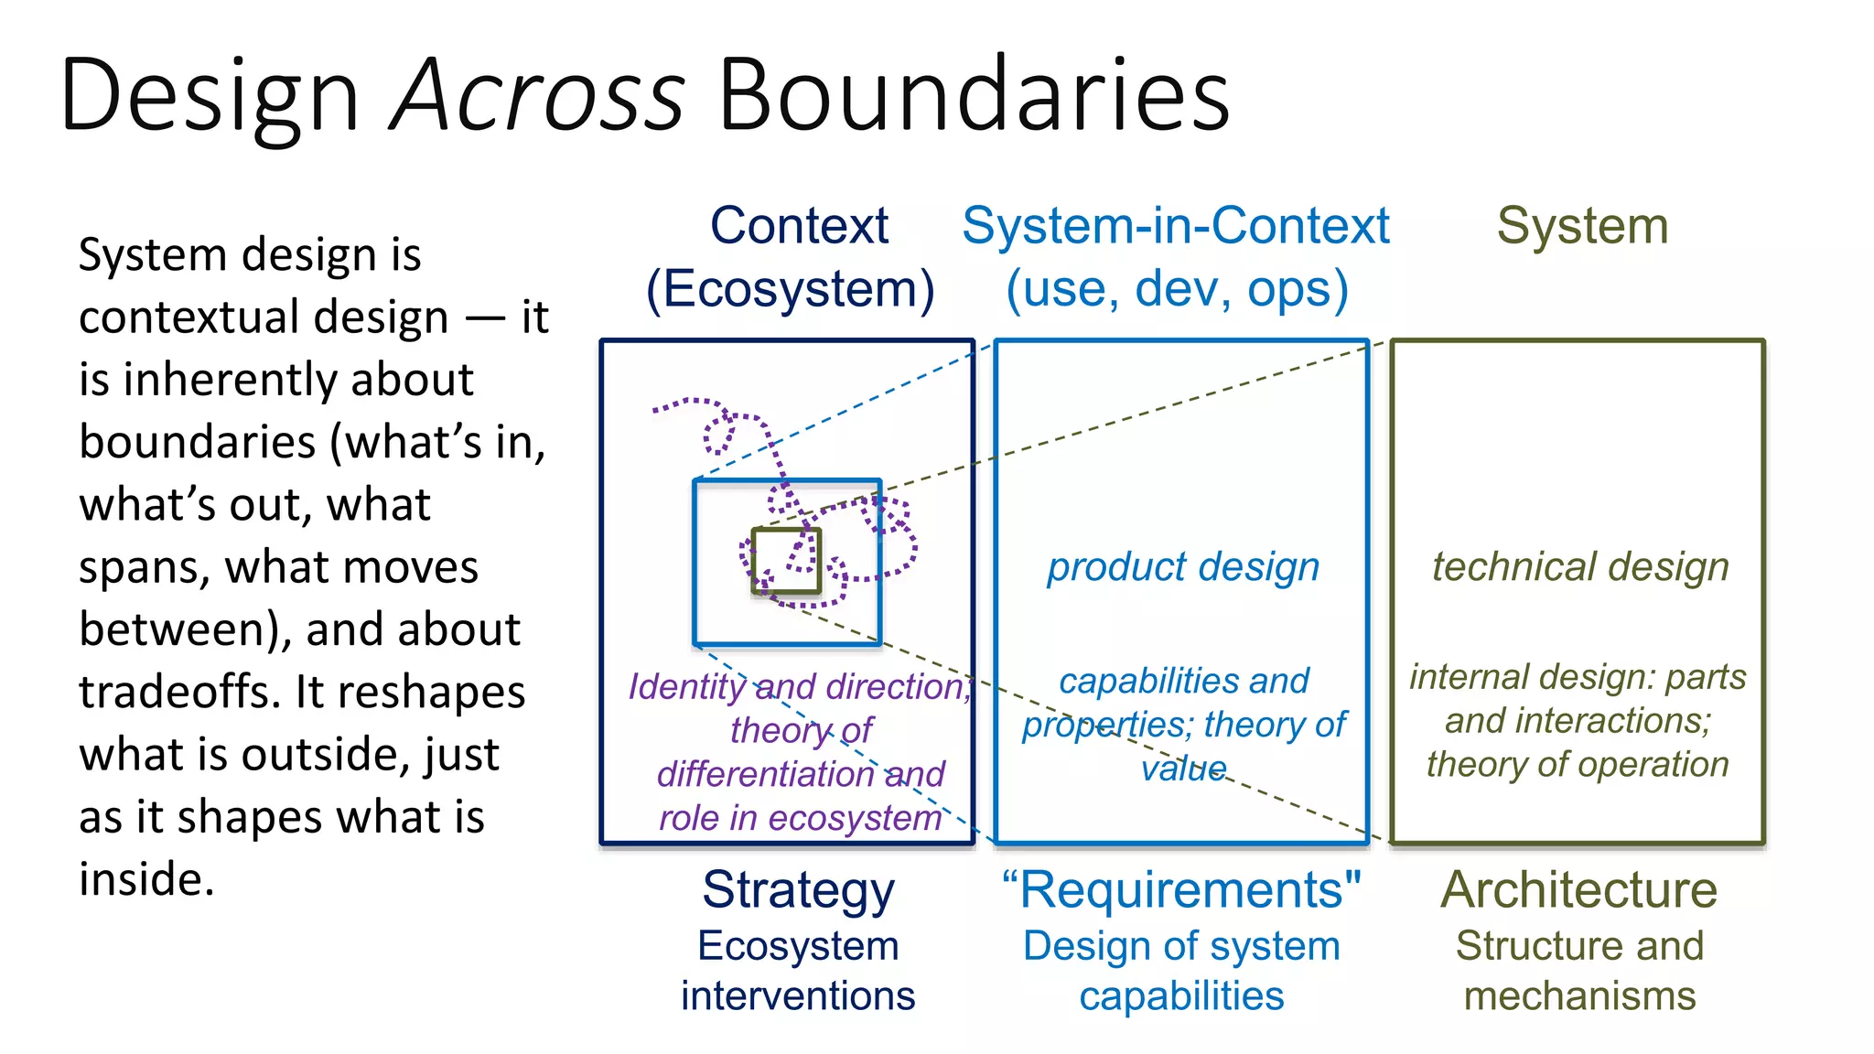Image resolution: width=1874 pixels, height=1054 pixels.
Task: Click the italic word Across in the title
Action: [x=538, y=95]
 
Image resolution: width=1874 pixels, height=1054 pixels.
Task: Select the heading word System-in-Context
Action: [x=1176, y=226]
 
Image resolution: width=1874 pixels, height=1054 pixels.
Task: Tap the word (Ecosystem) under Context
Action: [x=791, y=289]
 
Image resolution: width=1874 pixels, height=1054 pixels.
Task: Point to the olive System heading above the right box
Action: [x=1582, y=226]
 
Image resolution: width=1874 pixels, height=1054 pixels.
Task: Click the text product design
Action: [x=1183, y=567]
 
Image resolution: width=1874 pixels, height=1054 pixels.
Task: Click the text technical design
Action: [x=1580, y=567]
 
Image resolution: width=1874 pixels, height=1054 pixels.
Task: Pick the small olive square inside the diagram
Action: [x=786, y=561]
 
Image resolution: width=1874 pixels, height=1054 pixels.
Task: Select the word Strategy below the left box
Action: [x=798, y=890]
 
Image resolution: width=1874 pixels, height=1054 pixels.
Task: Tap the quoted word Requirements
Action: [x=1181, y=890]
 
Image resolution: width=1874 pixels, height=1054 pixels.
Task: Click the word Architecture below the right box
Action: [x=1579, y=890]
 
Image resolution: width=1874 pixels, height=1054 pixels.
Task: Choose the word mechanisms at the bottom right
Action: [x=1579, y=995]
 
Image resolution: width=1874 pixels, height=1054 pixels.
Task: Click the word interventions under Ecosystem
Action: [x=797, y=995]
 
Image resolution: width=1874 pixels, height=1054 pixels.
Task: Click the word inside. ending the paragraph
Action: [x=146, y=879]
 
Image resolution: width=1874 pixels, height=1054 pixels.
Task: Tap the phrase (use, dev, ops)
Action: [x=1177, y=289]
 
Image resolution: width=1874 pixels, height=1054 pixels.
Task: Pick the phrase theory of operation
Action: [x=1578, y=764]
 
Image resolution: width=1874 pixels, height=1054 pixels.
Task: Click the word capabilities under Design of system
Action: [x=1181, y=995]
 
